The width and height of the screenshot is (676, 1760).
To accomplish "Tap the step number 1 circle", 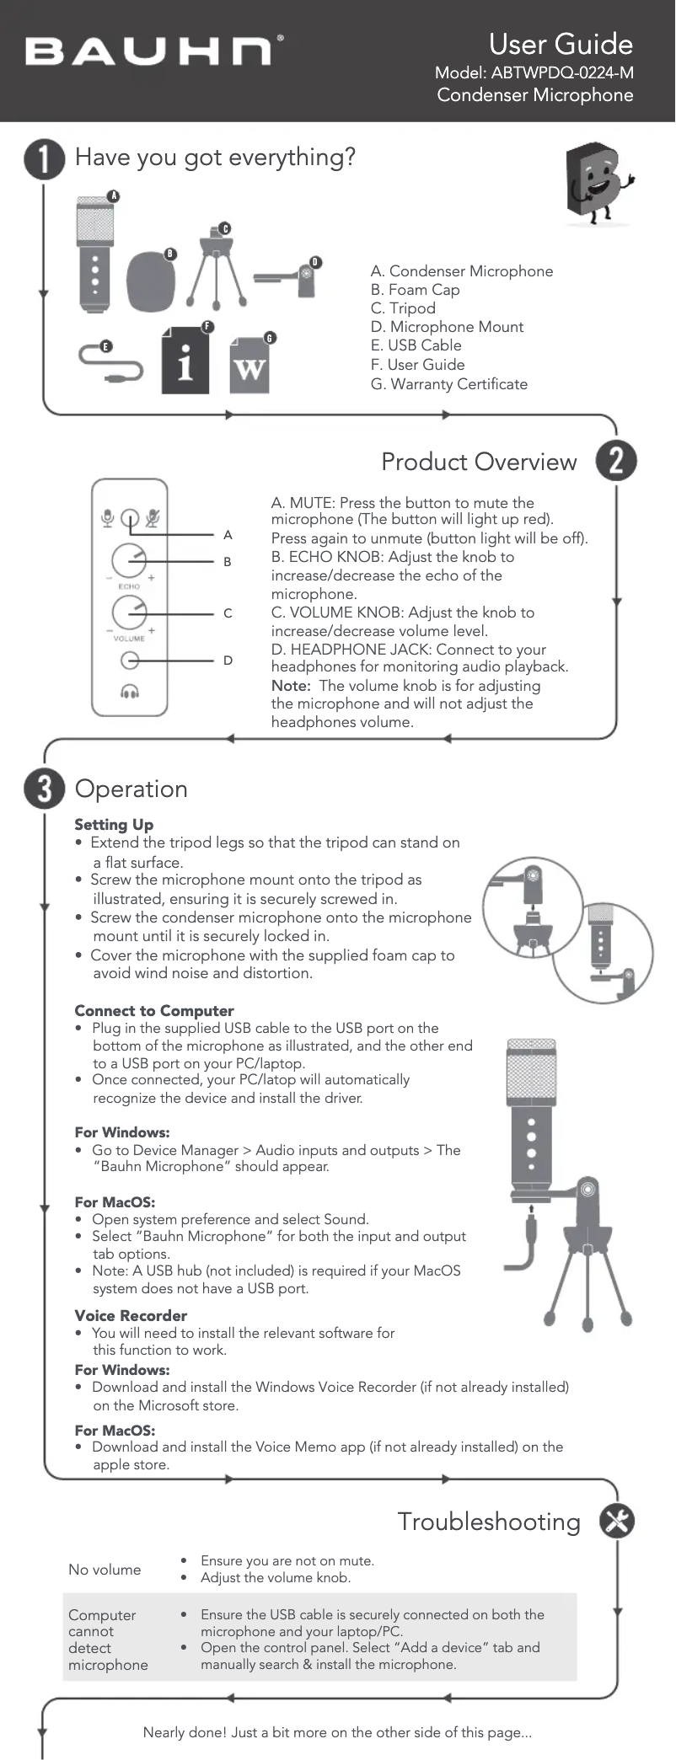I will click(x=44, y=158).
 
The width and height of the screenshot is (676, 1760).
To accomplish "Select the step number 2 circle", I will click(x=616, y=461).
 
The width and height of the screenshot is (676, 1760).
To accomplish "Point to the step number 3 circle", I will click(x=44, y=789).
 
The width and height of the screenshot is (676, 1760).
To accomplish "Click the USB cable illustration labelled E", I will click(x=110, y=362).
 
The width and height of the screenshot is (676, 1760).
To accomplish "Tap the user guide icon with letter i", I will click(x=185, y=361).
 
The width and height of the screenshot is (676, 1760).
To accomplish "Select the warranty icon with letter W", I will click(x=249, y=366).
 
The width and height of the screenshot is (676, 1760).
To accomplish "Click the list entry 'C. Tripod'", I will click(x=403, y=308).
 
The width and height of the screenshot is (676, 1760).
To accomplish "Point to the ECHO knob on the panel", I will click(x=129, y=560).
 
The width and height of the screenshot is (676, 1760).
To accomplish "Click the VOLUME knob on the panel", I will click(x=129, y=613).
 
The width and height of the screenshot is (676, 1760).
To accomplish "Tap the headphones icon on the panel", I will click(x=130, y=692).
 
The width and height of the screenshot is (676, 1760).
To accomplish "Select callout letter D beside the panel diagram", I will click(x=228, y=661).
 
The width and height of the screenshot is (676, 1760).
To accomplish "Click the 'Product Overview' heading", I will click(x=479, y=462).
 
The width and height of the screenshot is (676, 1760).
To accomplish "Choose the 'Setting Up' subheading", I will click(x=114, y=825).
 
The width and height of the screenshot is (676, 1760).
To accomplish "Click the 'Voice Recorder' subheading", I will click(x=131, y=1316).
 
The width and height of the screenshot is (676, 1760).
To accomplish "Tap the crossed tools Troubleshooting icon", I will click(x=617, y=1521).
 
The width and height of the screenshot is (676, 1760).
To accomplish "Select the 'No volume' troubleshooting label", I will click(x=105, y=1570).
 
